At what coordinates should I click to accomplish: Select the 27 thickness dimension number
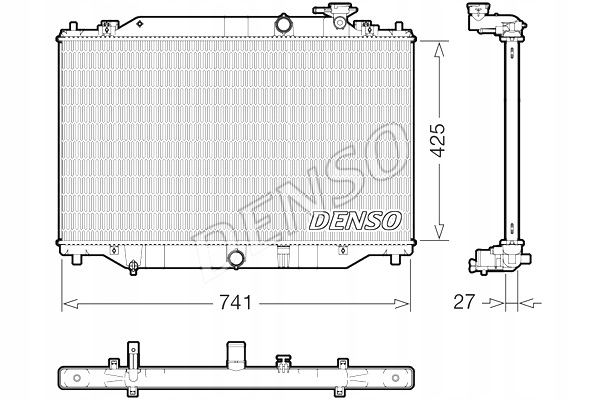[x=462, y=300]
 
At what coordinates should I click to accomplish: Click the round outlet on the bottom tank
[x=236, y=260]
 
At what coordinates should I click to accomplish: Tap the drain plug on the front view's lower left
[x=133, y=265]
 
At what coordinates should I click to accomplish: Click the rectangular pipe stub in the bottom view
[x=237, y=351]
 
